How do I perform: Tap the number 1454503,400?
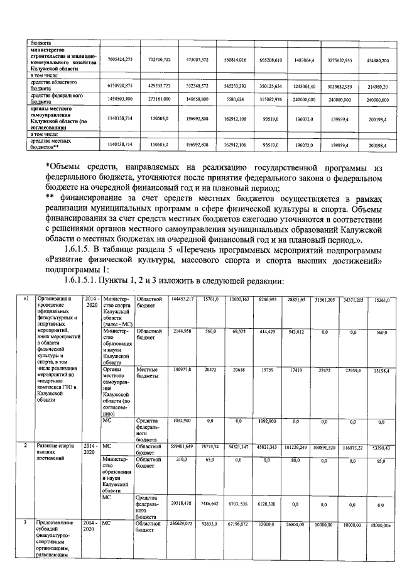click(x=119, y=99)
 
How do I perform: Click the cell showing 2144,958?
click(x=182, y=331)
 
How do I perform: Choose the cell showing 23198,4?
click(x=378, y=371)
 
